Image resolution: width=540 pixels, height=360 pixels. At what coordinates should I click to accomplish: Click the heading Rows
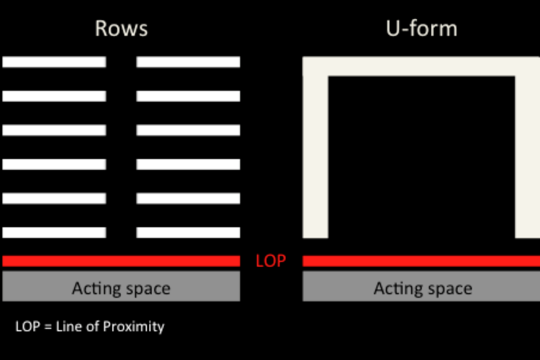[x=121, y=28]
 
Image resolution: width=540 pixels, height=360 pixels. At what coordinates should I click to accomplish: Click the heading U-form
[x=422, y=28]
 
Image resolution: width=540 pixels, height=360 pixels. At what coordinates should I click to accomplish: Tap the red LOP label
[x=271, y=261]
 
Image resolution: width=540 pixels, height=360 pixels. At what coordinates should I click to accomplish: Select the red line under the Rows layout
[x=121, y=261]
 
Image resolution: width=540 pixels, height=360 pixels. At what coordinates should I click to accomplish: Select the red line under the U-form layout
[x=421, y=261]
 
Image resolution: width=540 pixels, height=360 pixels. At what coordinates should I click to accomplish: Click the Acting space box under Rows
[x=121, y=287]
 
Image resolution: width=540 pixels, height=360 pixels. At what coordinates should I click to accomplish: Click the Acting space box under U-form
[x=421, y=287]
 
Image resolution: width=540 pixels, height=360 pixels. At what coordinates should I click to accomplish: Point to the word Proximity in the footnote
[x=134, y=327]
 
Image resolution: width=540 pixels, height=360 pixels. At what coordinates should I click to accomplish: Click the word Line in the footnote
[x=68, y=327]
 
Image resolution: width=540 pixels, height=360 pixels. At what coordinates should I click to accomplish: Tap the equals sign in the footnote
[x=48, y=327]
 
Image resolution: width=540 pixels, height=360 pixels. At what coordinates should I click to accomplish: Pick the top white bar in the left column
[x=54, y=62]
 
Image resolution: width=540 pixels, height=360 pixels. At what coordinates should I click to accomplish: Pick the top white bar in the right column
[x=188, y=62]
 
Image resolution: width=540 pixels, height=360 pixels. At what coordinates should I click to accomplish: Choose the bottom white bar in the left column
[x=54, y=233]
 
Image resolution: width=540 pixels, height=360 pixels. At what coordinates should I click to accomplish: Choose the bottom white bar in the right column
[x=188, y=233]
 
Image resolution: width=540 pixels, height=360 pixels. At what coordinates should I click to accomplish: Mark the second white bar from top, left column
[x=54, y=96]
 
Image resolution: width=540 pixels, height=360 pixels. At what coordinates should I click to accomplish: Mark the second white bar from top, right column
[x=188, y=96]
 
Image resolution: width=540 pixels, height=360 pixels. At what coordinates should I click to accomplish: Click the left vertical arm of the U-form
[x=315, y=155]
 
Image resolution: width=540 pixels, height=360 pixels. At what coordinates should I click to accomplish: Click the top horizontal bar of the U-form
[x=421, y=66]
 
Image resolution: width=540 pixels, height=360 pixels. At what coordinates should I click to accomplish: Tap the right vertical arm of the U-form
[x=527, y=155]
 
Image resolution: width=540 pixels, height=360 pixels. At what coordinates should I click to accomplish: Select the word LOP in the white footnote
[x=27, y=327]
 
